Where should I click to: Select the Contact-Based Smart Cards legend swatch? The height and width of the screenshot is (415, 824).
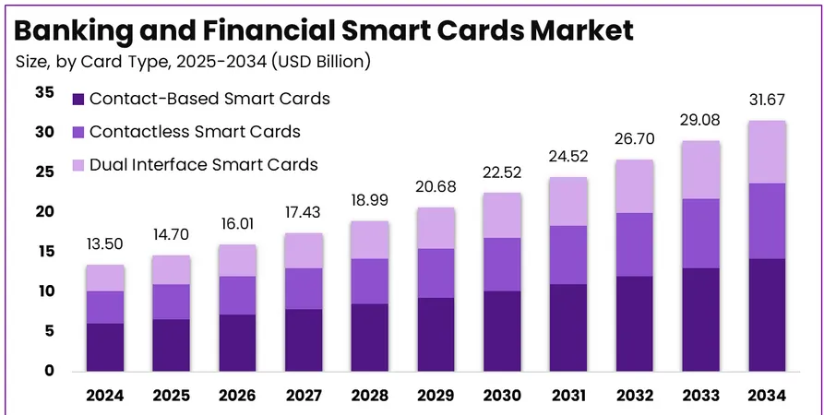click(x=78, y=99)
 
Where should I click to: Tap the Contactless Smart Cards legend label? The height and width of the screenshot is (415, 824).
click(x=196, y=132)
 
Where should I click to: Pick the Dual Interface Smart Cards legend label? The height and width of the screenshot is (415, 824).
click(x=204, y=165)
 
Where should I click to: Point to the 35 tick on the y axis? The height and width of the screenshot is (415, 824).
click(x=44, y=92)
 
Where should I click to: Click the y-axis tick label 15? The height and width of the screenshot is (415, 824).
click(x=44, y=252)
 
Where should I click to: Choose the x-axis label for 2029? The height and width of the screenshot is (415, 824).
click(x=435, y=396)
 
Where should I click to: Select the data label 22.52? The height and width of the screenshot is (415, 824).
click(x=501, y=172)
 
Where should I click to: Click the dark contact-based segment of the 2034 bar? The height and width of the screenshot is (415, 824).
click(x=767, y=314)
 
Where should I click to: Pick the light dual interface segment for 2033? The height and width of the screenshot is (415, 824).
click(x=701, y=170)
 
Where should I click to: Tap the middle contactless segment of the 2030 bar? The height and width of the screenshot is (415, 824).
click(x=501, y=265)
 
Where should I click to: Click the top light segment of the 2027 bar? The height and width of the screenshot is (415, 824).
click(x=304, y=251)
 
